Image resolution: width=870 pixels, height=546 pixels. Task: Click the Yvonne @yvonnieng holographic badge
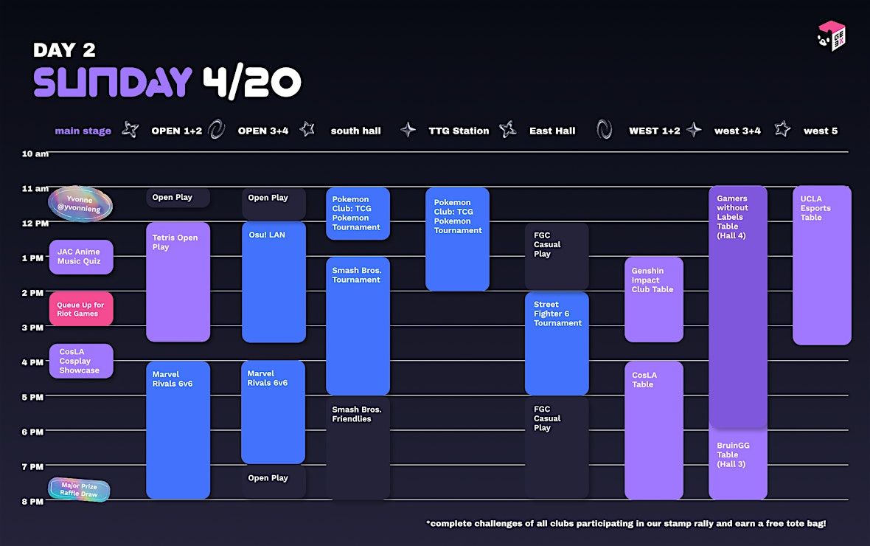pos(80,204)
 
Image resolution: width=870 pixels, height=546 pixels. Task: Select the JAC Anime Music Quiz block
pos(81,257)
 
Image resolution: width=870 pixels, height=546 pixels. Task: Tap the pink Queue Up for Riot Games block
pos(81,309)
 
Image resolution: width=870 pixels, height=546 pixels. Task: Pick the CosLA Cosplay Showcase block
pos(81,361)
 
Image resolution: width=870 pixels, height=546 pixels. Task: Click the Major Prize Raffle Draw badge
pos(79,490)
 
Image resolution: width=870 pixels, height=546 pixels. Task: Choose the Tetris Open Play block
pos(178,282)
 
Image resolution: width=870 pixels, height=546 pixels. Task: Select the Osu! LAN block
pos(274,282)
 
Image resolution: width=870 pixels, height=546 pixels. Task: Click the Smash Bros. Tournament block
pos(358,325)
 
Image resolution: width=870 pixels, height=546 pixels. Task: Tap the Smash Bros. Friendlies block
pos(358,448)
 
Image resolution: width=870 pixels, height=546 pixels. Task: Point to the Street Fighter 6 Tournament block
pos(557,343)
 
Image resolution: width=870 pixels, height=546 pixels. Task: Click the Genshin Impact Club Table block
pos(653,299)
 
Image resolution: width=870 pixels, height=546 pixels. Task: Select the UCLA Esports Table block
pos(821,265)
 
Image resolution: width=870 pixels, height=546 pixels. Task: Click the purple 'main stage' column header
pos(83,131)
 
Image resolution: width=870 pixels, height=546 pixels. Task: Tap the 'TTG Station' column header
pos(459,131)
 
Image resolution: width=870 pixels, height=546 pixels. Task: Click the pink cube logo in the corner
pos(832,36)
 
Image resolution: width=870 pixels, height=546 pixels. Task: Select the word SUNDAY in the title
pos(113,83)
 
